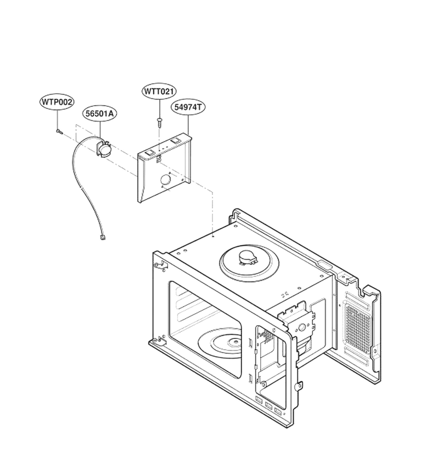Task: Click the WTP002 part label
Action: (57, 102)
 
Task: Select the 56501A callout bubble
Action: (99, 114)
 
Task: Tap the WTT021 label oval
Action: (159, 91)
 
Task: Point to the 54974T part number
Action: (188, 107)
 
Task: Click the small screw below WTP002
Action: (59, 131)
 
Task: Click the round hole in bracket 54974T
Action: (165, 180)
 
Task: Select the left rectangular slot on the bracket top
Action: (150, 153)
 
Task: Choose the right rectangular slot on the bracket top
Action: (176, 141)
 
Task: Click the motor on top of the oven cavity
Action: (248, 258)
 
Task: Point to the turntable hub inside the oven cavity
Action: (236, 342)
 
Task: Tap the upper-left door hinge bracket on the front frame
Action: (161, 265)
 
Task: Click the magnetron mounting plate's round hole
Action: (301, 327)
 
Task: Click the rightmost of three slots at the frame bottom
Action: (278, 411)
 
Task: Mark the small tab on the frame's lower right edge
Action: (299, 386)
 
